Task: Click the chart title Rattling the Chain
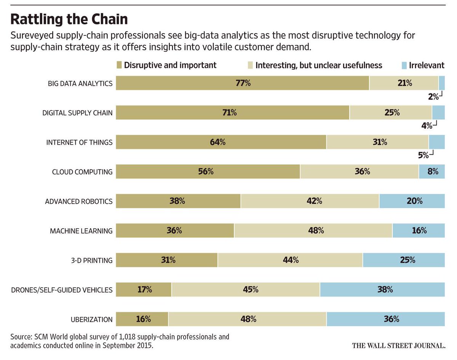pos(69,19)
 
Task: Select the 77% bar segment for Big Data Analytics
pos(242,83)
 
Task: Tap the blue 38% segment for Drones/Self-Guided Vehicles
pos(382,290)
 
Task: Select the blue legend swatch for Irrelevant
pos(404,65)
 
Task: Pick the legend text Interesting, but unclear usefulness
pos(318,65)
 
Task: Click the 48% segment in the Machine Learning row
pos(313,230)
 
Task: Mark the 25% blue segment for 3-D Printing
pos(404,260)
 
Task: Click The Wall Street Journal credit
pos(398,346)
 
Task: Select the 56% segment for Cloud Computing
pos(208,171)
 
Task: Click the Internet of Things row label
pos(79,142)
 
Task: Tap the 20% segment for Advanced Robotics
pos(412,201)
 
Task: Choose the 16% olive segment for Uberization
pos(142,319)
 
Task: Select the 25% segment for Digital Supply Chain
pos(390,112)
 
